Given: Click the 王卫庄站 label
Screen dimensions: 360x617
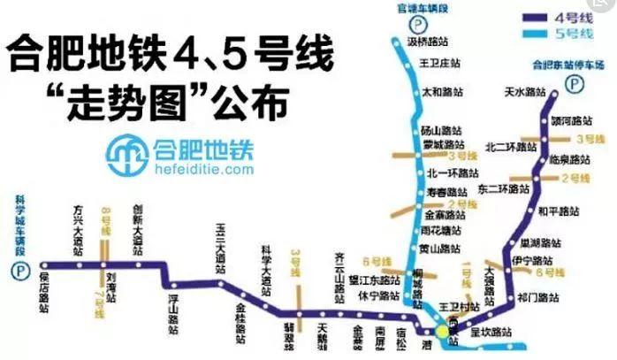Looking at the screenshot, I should pyautogui.click(x=442, y=64).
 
